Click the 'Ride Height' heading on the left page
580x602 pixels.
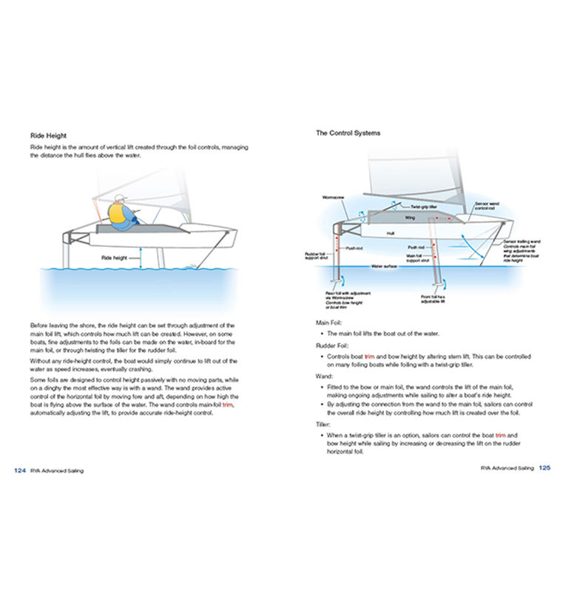48,135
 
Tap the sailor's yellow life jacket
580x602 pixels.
118,214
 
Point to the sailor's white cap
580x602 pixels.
120,199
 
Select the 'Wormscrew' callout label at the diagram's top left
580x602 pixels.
334,197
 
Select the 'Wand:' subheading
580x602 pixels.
325,376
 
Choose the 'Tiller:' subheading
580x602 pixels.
325,425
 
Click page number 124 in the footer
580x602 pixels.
21,469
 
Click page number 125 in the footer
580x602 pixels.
544,467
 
